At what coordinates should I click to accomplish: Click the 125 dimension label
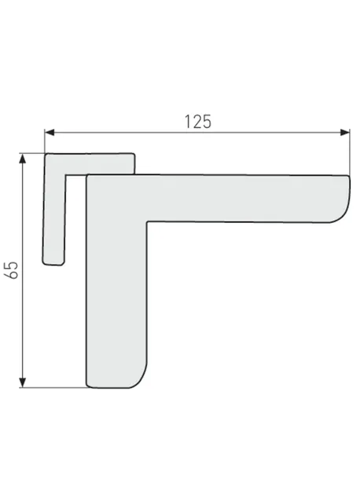(x=198, y=121)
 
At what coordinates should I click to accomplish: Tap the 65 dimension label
(x=13, y=270)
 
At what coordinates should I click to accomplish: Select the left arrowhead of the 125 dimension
(x=50, y=132)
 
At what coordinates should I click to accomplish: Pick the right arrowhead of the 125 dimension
(x=345, y=132)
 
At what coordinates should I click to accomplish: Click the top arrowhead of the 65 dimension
(x=22, y=159)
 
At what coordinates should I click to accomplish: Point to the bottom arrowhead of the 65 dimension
(x=22, y=382)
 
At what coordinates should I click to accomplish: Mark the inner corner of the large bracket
(x=147, y=221)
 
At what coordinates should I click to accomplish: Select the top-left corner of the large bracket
(x=87, y=175)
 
